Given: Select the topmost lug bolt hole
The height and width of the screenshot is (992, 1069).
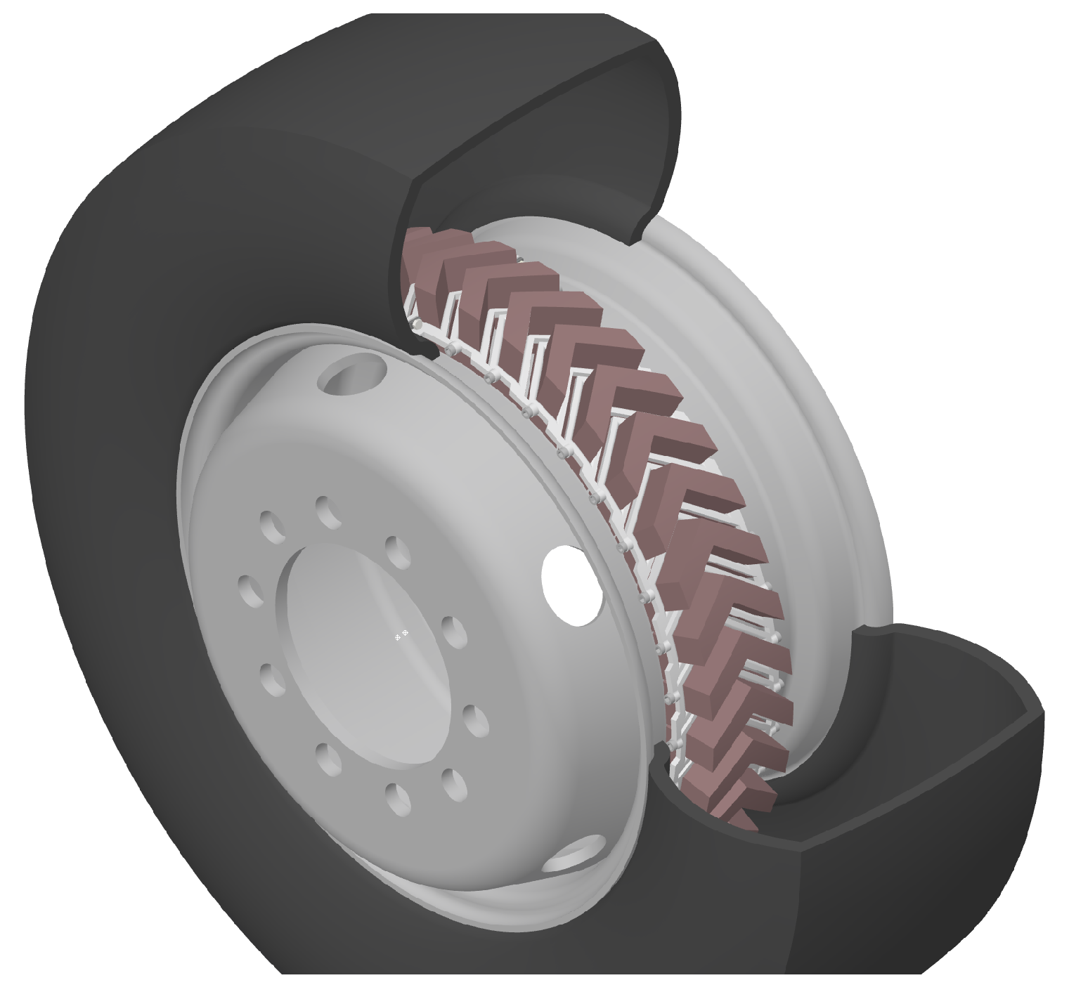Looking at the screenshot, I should click(x=328, y=512).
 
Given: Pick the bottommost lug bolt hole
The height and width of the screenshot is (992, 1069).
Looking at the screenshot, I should click(x=399, y=800).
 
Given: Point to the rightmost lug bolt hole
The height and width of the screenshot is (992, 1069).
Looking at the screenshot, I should click(x=477, y=720).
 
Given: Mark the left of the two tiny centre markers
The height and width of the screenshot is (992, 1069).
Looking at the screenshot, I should click(x=398, y=637).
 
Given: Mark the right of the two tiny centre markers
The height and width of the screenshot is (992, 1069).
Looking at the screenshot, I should click(x=406, y=634).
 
